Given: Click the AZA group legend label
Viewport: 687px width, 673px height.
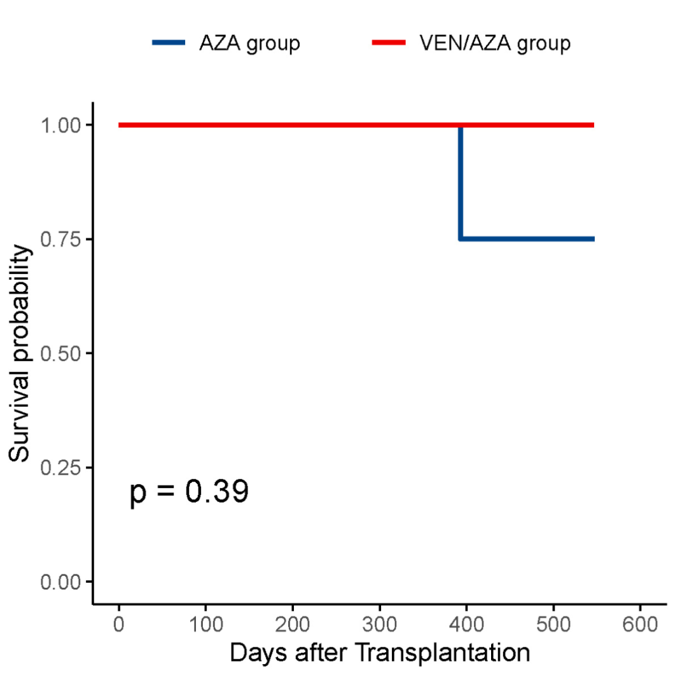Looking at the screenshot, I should [x=249, y=44].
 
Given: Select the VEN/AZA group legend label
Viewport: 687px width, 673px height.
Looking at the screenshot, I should [x=495, y=44].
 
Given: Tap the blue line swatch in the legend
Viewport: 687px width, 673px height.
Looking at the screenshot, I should [x=169, y=43].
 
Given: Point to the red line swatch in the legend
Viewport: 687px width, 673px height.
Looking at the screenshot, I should [x=388, y=43].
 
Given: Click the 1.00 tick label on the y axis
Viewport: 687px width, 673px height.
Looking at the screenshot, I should [x=61, y=125].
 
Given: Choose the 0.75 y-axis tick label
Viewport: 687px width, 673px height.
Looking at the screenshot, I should [x=61, y=240].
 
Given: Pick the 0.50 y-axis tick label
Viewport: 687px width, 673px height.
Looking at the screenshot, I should [x=61, y=353].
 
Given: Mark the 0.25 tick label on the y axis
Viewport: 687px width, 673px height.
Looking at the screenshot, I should [x=61, y=468].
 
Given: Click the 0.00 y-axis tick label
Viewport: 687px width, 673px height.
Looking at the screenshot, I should [x=61, y=582].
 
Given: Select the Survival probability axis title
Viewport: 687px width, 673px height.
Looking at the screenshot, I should [x=22, y=353].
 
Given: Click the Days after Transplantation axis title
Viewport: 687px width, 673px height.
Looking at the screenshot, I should [x=380, y=653].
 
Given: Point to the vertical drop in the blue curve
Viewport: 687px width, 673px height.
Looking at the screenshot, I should [x=460, y=184].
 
